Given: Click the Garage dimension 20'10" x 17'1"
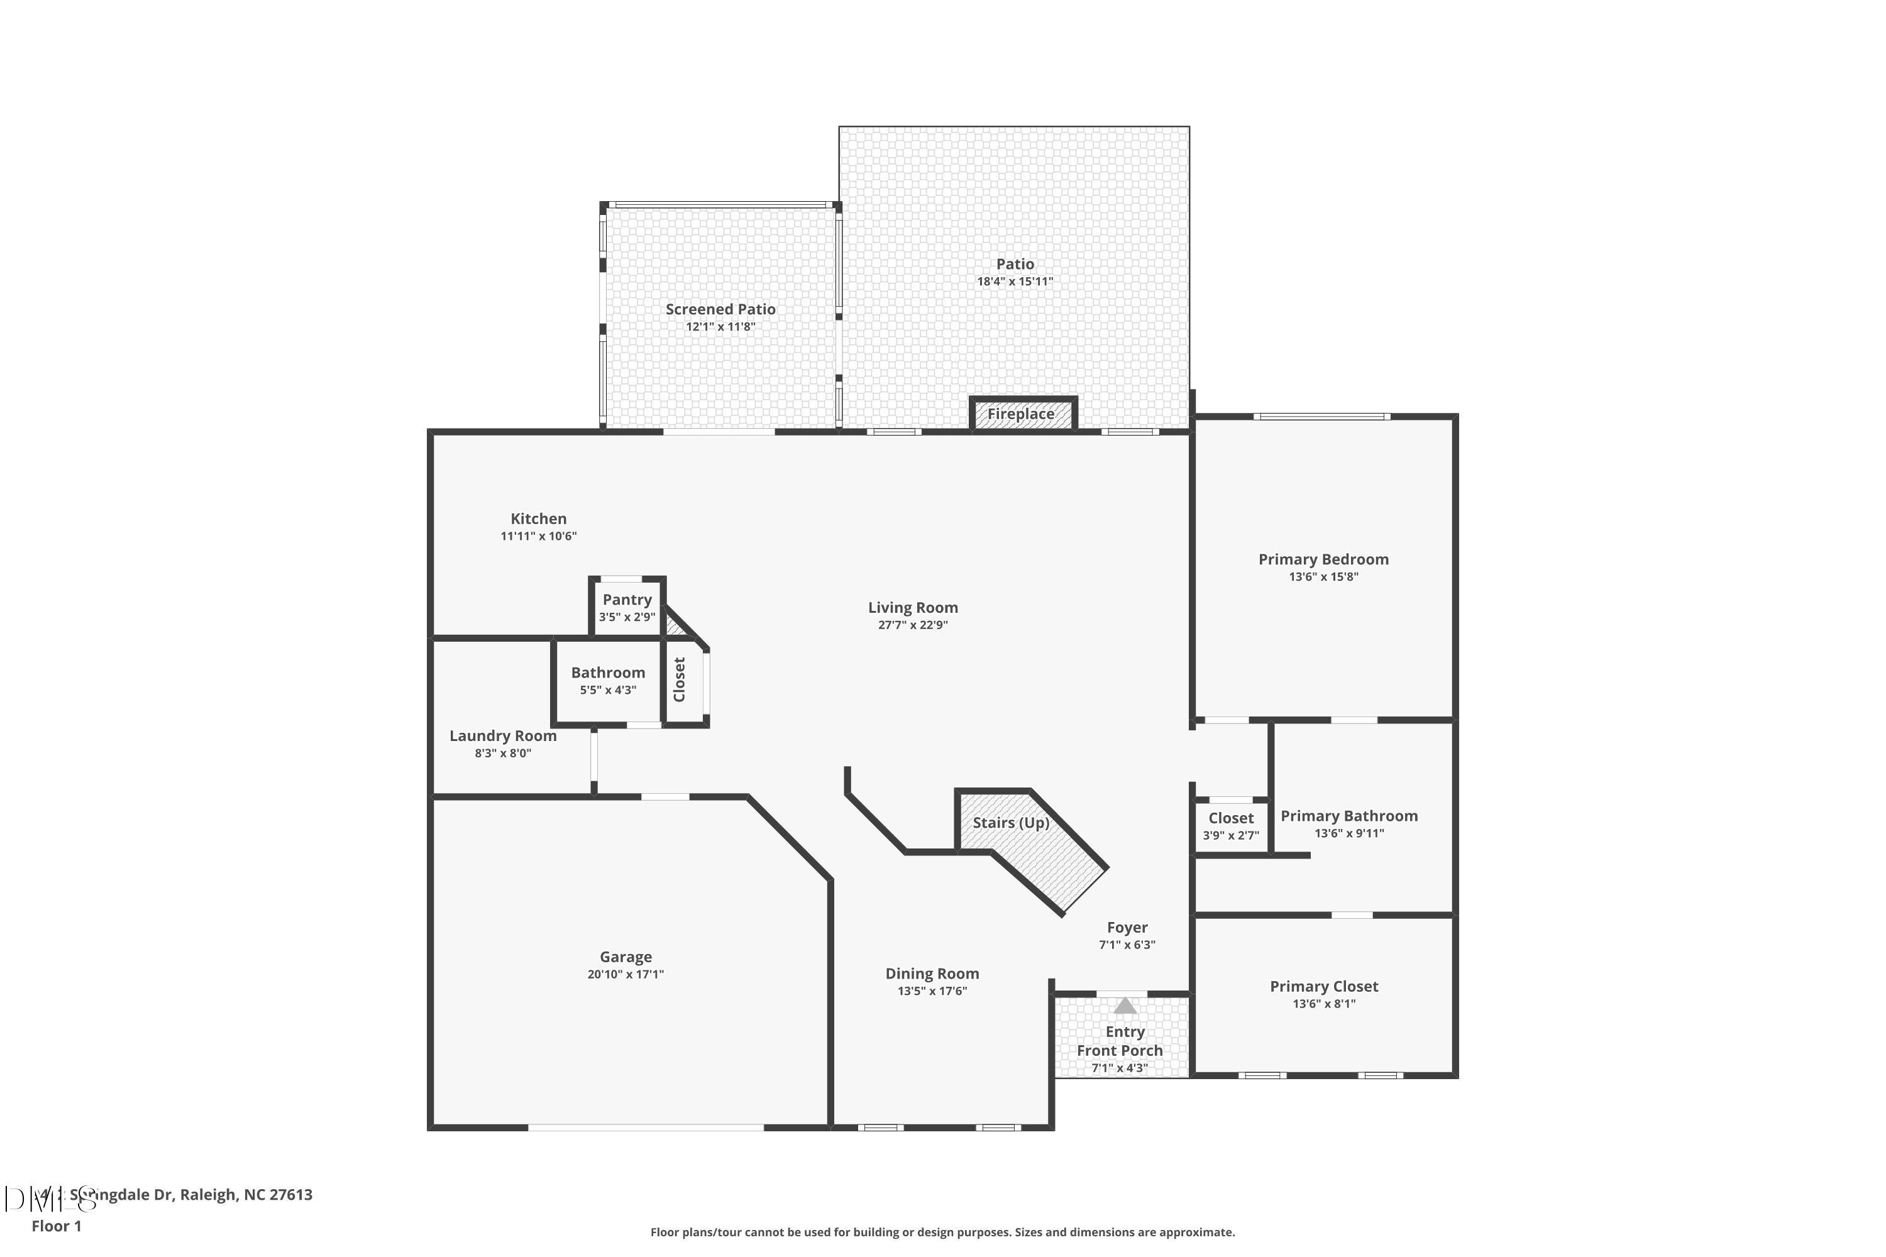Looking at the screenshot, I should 626,974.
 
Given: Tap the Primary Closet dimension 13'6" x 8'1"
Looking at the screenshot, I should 1324,1004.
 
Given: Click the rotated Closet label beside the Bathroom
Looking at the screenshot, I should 680,680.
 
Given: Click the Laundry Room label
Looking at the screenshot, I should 503,736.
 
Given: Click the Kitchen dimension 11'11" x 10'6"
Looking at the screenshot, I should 539,536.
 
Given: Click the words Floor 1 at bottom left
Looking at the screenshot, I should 56,1226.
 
